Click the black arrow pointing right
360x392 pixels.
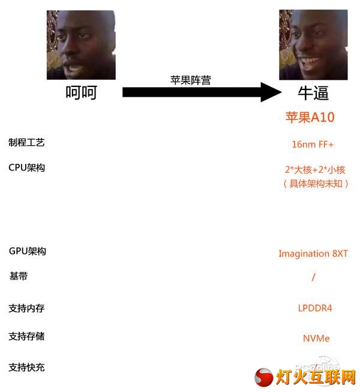point(202,92)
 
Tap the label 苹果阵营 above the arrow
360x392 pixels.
point(191,80)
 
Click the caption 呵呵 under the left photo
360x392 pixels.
point(81,92)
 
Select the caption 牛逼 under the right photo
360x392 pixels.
point(313,93)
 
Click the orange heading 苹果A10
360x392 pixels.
point(310,117)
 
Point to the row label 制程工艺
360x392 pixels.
point(26,142)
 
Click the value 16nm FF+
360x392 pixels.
point(313,144)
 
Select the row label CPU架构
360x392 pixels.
point(27,167)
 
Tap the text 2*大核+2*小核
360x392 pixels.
point(315,170)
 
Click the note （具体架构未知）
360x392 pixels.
point(316,184)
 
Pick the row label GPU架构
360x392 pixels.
point(28,251)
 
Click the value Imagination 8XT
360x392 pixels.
point(313,253)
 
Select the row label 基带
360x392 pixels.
point(18,276)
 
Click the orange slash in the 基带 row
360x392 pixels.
point(314,277)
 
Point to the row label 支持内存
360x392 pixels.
point(26,308)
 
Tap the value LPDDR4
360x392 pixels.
point(315,308)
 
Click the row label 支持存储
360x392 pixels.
point(26,336)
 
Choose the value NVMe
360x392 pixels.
point(316,338)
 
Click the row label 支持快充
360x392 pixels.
point(26,367)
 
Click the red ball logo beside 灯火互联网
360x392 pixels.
point(264,377)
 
